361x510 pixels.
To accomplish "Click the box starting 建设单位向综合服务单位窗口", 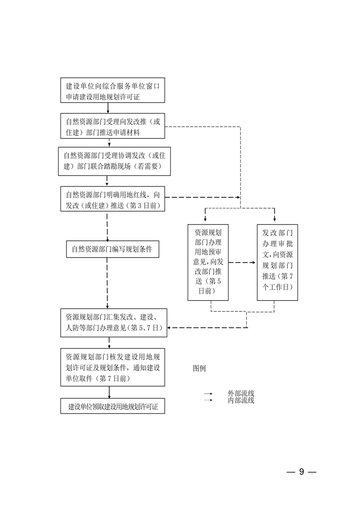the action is click(113, 90).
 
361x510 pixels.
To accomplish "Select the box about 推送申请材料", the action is click(113, 126).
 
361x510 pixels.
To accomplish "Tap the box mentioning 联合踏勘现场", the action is click(114, 161).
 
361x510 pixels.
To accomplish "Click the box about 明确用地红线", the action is click(113, 199).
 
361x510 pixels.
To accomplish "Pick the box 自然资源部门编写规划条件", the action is click(113, 249).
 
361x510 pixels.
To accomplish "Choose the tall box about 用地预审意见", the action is click(208, 262).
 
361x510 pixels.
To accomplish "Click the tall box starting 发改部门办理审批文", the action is click(277, 262).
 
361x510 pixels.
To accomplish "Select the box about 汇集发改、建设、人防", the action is click(114, 323).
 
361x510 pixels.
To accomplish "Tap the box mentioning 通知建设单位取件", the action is click(113, 367).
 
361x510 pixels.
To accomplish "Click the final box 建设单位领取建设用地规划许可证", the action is click(113, 406).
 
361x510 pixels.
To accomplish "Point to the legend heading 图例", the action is click(199, 368).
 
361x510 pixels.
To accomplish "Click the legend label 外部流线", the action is click(241, 394).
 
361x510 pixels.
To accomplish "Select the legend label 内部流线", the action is click(241, 400).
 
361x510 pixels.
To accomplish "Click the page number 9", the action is click(301, 472).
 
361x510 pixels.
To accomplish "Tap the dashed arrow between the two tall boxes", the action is click(242, 262).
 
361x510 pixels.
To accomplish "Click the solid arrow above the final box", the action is click(109, 392).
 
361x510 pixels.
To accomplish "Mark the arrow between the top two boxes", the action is click(108, 108).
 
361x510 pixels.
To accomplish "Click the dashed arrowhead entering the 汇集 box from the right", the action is click(169, 328).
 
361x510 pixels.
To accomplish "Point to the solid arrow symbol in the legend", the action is click(208, 394).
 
